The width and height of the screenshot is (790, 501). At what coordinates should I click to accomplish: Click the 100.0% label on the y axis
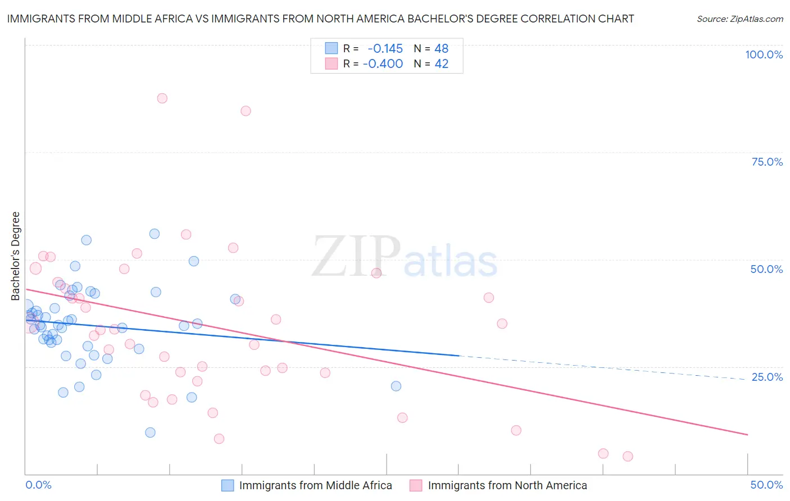tap(764, 54)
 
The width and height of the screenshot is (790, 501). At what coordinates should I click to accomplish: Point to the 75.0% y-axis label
tap(767, 162)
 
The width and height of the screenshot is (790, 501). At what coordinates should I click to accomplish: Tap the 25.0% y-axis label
tap(767, 377)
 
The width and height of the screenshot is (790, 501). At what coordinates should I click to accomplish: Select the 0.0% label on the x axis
tap(39, 485)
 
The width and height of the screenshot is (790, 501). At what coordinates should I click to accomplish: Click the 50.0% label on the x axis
tap(766, 485)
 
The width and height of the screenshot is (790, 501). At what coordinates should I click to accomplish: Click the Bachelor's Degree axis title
tap(16, 256)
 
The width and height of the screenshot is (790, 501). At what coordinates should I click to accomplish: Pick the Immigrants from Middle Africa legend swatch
tap(228, 486)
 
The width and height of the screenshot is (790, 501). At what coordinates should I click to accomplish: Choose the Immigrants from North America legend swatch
tap(416, 486)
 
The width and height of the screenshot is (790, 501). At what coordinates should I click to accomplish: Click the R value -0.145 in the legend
tap(385, 49)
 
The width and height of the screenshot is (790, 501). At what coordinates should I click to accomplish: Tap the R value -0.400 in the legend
tap(383, 64)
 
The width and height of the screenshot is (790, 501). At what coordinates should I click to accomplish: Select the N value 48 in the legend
tap(441, 49)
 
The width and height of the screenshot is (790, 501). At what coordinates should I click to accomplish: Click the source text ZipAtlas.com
tap(739, 19)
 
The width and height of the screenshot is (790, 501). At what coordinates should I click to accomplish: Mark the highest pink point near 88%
tap(162, 98)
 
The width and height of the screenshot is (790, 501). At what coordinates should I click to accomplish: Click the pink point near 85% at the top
tap(246, 111)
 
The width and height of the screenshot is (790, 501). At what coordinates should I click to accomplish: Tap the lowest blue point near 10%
tap(150, 432)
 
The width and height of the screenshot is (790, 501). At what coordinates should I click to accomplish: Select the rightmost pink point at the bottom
tap(628, 457)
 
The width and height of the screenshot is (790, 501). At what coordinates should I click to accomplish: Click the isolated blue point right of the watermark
tap(396, 386)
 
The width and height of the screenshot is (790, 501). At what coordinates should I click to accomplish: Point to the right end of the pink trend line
tap(747, 435)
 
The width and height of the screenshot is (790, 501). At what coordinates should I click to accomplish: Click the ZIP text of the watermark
tap(356, 257)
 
